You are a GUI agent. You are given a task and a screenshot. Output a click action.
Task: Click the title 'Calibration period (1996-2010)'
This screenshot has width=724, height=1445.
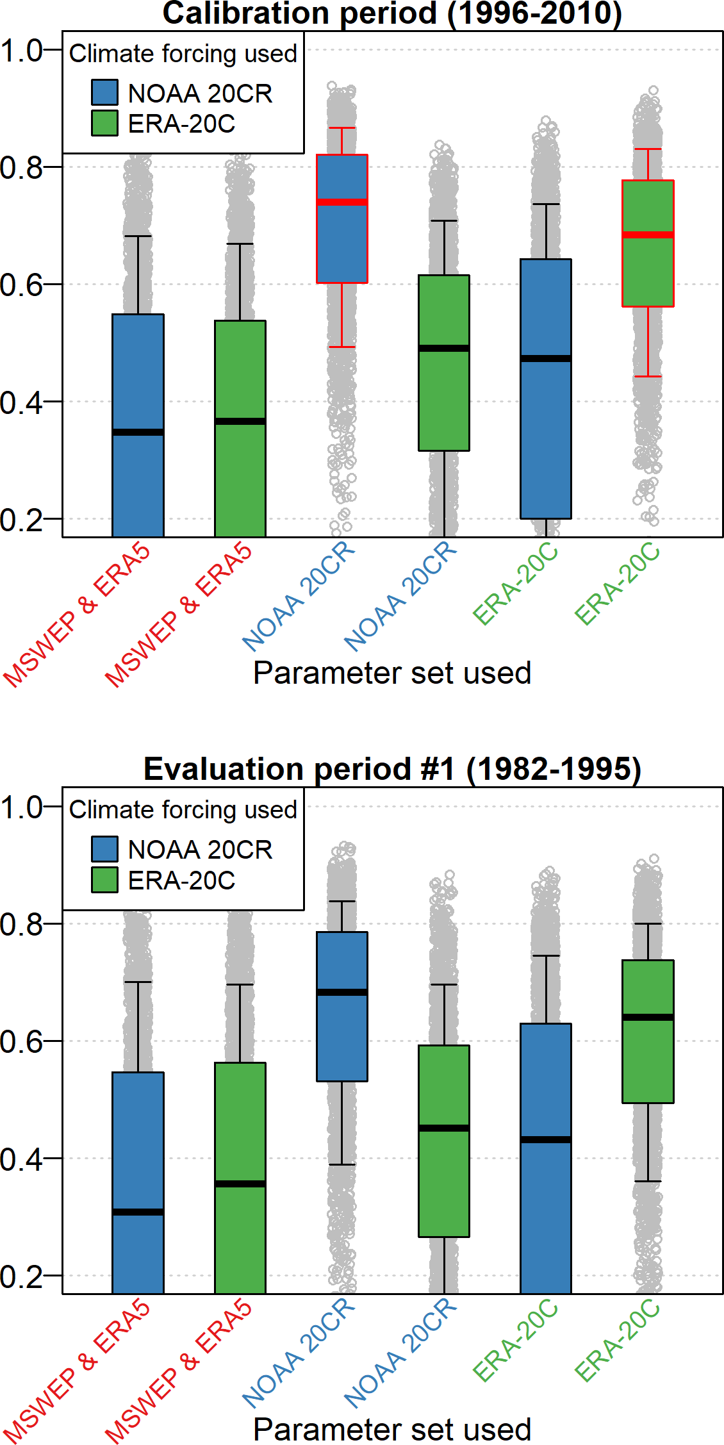[392, 14]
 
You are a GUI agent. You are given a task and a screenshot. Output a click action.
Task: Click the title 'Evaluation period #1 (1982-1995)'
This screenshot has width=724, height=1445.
[392, 769]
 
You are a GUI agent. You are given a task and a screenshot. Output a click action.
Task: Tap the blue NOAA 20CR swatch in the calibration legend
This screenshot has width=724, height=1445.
[104, 92]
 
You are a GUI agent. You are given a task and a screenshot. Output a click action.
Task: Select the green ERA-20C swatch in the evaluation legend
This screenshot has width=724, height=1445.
[104, 880]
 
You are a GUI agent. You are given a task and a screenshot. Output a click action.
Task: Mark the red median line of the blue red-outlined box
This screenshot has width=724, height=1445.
[342, 202]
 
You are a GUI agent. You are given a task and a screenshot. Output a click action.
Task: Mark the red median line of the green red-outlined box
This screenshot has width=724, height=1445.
[648, 235]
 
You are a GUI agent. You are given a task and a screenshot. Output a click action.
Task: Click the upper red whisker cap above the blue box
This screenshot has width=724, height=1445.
[342, 128]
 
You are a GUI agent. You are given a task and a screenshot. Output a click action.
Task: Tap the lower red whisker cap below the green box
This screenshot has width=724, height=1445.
[648, 376]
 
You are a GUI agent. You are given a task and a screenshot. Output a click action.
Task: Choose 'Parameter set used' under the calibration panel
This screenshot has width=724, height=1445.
[392, 673]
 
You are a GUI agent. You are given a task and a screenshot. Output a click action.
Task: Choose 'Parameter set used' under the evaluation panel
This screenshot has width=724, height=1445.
[392, 1429]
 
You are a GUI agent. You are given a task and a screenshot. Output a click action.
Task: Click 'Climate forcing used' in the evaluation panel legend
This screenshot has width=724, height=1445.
[183, 810]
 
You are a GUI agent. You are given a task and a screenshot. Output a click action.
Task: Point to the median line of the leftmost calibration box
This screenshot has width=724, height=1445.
[138, 432]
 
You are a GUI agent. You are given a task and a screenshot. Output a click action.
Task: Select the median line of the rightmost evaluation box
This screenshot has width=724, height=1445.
[648, 1017]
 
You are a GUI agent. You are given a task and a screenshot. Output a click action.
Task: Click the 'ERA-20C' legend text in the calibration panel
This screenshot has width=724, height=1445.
[181, 124]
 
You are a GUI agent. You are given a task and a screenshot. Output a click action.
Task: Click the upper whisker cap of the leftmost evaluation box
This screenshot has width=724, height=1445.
[138, 982]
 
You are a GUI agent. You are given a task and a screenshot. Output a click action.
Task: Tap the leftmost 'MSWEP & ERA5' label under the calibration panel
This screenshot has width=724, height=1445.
[77, 615]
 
